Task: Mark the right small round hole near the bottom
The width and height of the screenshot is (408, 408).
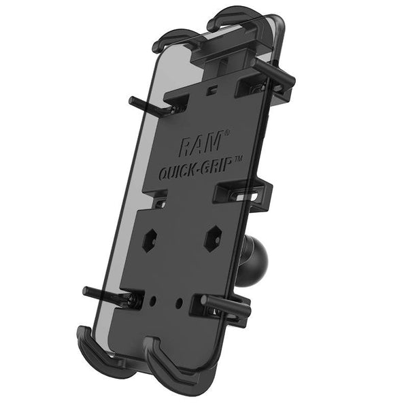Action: pyautogui.click(x=180, y=299)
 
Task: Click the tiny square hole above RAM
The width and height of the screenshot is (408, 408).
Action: pyautogui.click(x=212, y=88)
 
